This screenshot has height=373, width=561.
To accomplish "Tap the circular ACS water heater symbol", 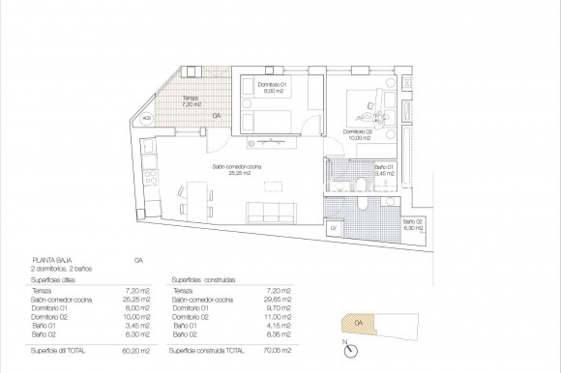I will [x=146, y=119].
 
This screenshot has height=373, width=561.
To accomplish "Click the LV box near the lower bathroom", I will [x=333, y=227].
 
